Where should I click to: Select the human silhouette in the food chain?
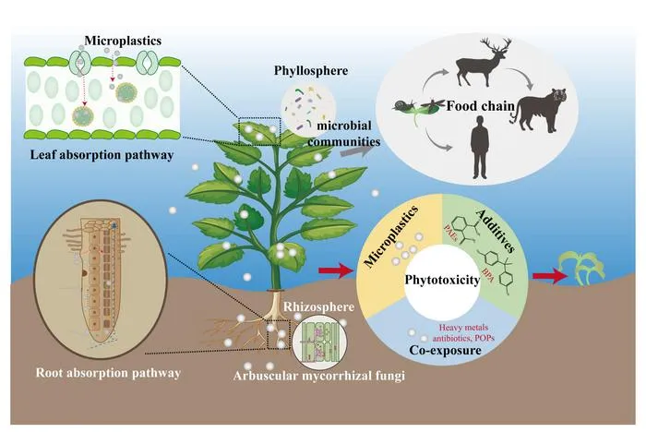coord(480,148)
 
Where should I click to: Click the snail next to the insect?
coord(401,106)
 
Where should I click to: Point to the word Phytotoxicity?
coord(442,281)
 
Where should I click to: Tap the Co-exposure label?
coord(446,351)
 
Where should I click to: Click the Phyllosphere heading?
coord(311,71)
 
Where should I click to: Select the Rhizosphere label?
coord(319,307)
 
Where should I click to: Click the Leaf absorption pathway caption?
coord(102,155)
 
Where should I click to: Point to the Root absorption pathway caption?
coord(108,373)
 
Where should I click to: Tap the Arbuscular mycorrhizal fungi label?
coord(319,376)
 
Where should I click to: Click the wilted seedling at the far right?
coord(581,269)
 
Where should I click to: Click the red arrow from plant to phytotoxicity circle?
coord(336,271)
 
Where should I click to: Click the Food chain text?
coord(481,106)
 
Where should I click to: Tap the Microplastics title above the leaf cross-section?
coord(123,41)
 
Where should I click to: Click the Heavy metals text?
coord(463,328)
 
